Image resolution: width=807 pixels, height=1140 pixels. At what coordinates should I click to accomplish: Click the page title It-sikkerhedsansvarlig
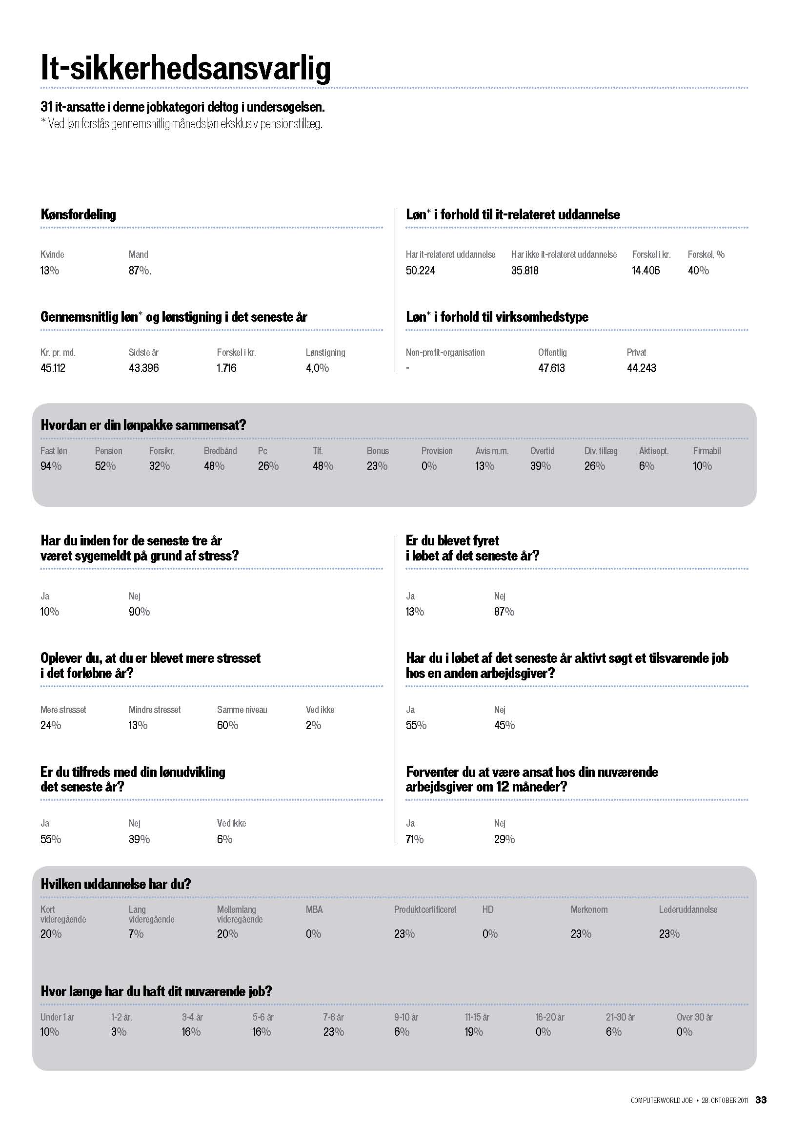[185, 68]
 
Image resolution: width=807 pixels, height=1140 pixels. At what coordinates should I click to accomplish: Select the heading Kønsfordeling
[78, 214]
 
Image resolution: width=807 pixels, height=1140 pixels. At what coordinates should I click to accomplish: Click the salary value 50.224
[421, 271]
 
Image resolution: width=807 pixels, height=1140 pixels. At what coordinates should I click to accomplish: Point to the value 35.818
[525, 271]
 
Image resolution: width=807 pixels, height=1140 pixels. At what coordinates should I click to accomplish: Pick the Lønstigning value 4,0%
[317, 368]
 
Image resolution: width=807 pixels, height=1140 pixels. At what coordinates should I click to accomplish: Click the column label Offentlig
[552, 352]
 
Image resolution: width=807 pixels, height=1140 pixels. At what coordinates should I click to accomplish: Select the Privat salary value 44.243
[641, 368]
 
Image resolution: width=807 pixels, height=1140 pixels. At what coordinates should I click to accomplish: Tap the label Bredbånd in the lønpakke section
[220, 451]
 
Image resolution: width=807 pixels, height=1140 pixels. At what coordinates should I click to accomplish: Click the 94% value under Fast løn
[51, 466]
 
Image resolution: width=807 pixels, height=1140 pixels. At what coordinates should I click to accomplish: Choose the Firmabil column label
[706, 451]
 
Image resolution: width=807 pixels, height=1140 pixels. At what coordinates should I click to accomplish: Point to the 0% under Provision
[429, 466]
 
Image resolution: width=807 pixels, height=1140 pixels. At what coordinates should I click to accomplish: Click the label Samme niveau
[242, 710]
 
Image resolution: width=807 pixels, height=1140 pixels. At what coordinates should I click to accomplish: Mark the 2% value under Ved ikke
[313, 725]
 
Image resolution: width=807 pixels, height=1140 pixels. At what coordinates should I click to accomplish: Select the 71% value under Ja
[414, 840]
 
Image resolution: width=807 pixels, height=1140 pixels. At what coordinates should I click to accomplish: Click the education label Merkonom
[589, 909]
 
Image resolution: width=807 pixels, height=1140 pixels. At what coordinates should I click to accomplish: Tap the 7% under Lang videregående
[136, 934]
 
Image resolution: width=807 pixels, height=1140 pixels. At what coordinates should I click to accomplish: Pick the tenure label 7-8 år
[333, 1017]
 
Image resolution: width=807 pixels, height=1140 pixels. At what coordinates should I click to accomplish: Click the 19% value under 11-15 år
[474, 1032]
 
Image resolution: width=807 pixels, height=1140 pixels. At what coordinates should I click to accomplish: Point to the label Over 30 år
[694, 1017]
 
